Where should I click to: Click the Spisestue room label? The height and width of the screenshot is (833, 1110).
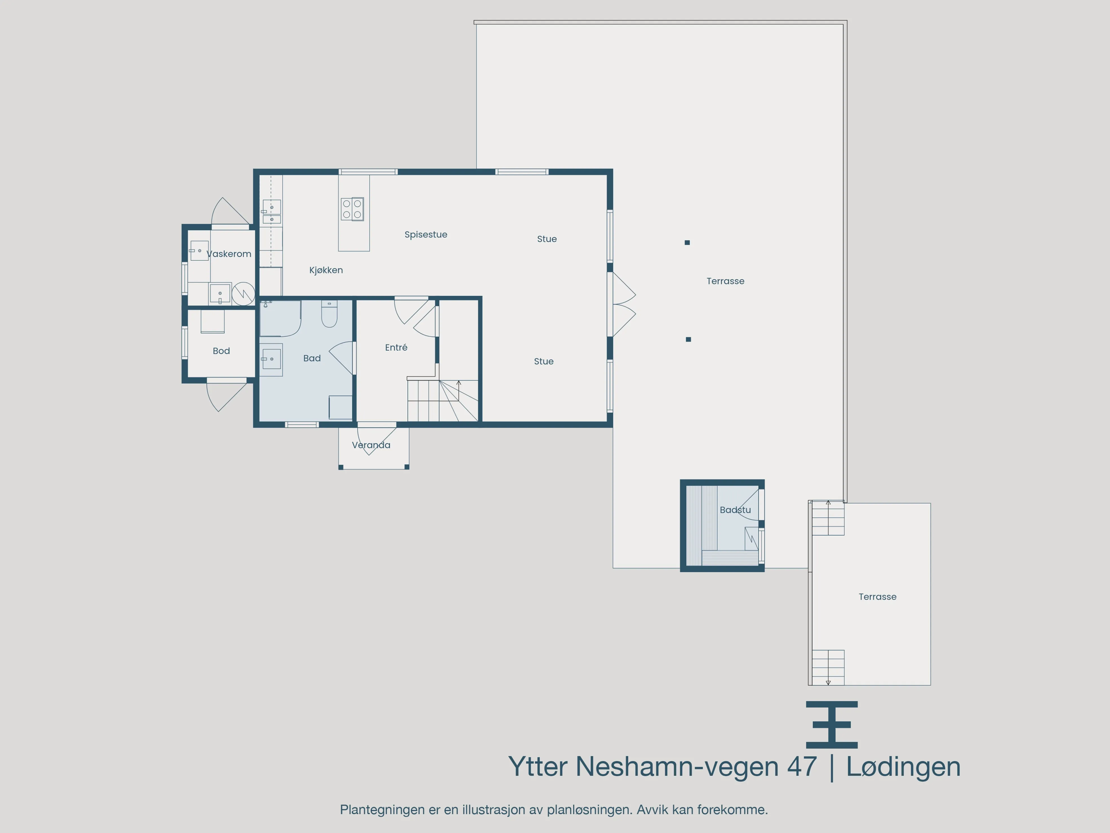[x=425, y=235]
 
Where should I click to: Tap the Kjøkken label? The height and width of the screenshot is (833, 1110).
[x=326, y=270]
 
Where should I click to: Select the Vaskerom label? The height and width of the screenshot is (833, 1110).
[x=229, y=254]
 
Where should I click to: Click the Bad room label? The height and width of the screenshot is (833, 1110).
[x=312, y=358]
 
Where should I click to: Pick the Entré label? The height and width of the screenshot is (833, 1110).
[x=396, y=348]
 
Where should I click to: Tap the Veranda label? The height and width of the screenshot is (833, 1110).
[x=371, y=445]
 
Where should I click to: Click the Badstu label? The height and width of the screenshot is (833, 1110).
[x=735, y=510]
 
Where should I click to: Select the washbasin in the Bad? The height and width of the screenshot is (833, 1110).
[x=271, y=359]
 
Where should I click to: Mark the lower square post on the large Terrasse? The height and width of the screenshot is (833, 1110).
[x=689, y=339]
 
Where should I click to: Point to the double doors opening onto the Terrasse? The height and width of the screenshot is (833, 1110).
[x=622, y=304]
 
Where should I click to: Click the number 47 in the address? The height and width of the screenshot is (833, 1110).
[x=802, y=767]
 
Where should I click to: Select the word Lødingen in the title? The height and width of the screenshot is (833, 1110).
[x=903, y=767]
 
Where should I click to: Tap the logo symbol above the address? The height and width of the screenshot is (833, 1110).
[x=831, y=724]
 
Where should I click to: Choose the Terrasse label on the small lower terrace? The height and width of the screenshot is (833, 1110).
[x=877, y=596]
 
